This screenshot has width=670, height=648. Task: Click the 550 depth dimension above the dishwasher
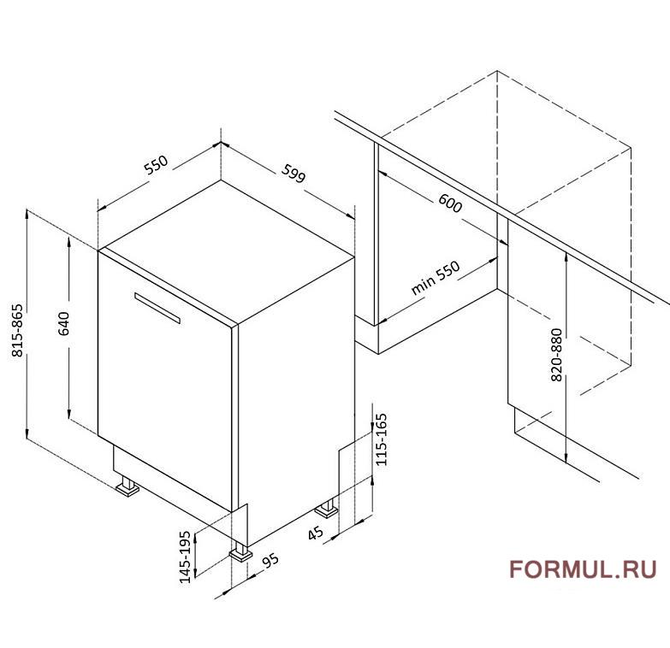[157, 165]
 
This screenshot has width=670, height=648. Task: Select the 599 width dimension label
[293, 174]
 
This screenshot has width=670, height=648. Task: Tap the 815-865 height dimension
[17, 330]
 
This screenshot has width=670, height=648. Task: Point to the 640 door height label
[63, 324]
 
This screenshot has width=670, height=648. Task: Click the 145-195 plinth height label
[185, 557]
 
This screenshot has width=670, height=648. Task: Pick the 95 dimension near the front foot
[270, 561]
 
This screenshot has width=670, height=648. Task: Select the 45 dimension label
[316, 533]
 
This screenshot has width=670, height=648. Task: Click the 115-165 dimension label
[380, 439]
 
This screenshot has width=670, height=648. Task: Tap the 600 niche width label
[450, 203]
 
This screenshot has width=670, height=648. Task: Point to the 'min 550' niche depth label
[436, 278]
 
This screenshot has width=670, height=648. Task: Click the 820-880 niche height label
[556, 355]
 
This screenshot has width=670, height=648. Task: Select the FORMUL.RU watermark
[583, 569]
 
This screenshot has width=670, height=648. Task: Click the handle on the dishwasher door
[157, 309]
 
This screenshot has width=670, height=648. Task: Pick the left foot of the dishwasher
[127, 487]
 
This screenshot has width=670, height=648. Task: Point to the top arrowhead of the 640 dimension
[68, 242]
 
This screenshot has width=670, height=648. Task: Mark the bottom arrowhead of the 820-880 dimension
[566, 458]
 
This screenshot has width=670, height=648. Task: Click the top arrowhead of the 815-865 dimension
[27, 214]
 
